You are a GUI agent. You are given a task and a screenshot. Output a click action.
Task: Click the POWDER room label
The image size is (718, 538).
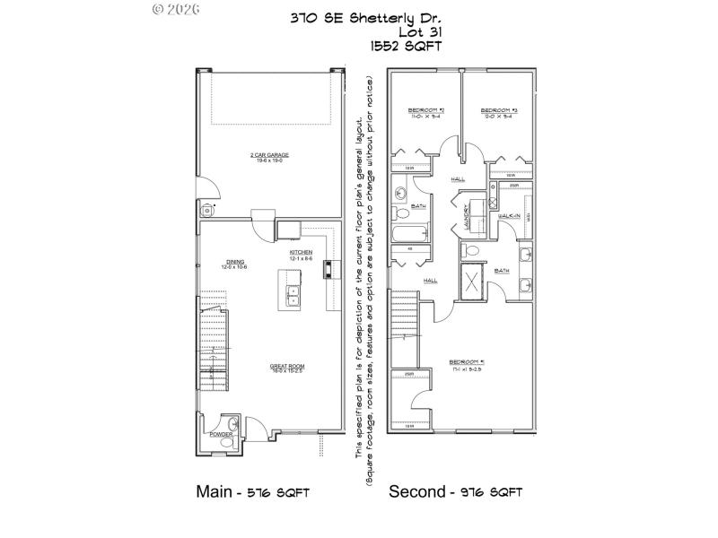220,434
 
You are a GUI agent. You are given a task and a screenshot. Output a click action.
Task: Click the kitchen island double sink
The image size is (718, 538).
293,296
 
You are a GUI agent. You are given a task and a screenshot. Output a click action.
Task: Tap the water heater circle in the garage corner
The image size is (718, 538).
208,210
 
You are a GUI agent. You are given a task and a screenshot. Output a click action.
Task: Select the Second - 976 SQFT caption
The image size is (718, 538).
455,492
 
